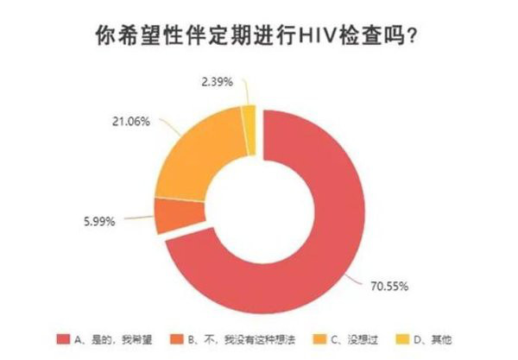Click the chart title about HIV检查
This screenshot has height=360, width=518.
tap(259, 38)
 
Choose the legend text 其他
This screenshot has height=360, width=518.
tap(428, 338)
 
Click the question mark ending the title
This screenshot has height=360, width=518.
tap(420, 39)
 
